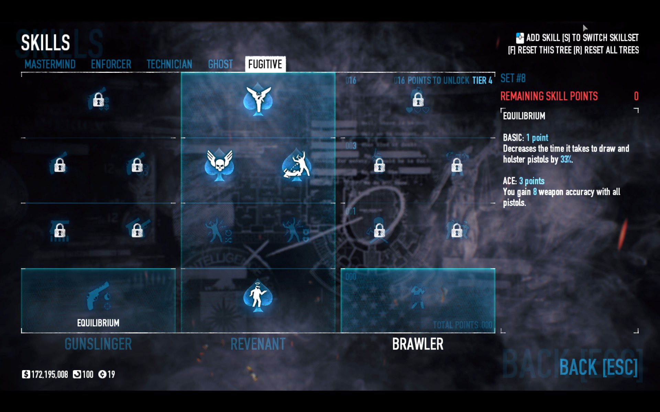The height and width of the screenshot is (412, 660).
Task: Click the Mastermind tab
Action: coord(50,64)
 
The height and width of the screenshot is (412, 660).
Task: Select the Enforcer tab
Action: coord(111,64)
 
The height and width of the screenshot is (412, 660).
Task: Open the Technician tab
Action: coord(169,64)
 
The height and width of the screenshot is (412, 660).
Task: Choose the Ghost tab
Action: coord(220,64)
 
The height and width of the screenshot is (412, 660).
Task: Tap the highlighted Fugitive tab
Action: coord(265,64)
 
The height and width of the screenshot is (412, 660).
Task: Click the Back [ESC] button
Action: coord(598,367)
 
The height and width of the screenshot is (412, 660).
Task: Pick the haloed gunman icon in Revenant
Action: coord(258,296)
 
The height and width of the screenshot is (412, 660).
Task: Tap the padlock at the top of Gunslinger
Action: coord(99,100)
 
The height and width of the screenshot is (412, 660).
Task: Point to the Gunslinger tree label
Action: coord(98,344)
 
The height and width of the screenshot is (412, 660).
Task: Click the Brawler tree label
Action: coord(418,344)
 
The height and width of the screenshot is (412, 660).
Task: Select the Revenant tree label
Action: coord(258,344)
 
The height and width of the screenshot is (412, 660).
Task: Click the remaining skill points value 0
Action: coord(636,96)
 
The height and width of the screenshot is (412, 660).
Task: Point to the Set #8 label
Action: coord(513,78)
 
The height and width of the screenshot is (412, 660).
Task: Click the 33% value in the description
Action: coord(566,159)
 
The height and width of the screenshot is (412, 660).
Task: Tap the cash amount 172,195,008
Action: coord(49,374)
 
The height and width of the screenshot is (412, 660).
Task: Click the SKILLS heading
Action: coord(45,43)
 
